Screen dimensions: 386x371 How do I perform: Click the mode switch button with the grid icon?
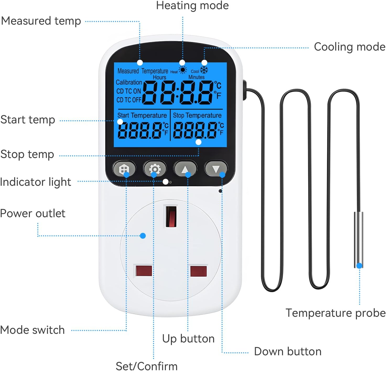pos(124,169)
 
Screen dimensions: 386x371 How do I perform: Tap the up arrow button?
pos(185,169)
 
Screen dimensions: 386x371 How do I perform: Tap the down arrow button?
pos(216,169)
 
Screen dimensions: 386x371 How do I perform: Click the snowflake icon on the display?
pos(204,70)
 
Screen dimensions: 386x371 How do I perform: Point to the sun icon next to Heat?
pos(183,70)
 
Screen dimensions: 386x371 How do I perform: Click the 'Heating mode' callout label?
pos(192,6)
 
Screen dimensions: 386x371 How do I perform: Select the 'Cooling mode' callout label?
pos(350,47)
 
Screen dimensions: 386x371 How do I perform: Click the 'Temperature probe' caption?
pos(335,313)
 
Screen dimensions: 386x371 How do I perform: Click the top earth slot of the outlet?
pos(171,216)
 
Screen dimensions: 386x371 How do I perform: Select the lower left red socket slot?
pos(144,271)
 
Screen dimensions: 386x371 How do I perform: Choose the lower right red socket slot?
pos(198,271)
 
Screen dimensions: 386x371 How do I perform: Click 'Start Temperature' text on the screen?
pos(142,116)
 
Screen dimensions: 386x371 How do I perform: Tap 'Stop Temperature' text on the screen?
pos(197,116)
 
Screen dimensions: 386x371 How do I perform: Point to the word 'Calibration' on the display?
pos(129,82)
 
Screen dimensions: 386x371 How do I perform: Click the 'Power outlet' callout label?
pos(33,214)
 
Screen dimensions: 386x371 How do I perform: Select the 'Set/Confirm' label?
pos(146,366)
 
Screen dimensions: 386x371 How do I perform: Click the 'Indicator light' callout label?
pos(36,182)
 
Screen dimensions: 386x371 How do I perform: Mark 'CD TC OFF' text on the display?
pos(129,100)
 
